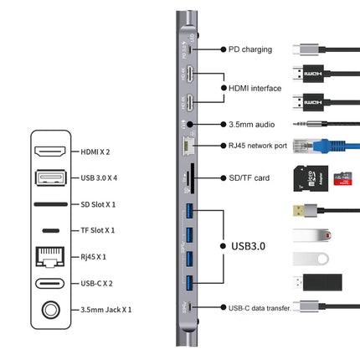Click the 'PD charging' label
coord(249,49)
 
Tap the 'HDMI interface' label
coord(254,87)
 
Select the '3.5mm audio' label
coord(249,124)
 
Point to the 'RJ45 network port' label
coord(257,146)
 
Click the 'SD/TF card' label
coord(249,178)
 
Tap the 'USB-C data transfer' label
coord(259,308)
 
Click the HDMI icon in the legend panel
coord(51,152)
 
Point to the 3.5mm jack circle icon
coord(51,310)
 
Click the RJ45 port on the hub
coord(185,147)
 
